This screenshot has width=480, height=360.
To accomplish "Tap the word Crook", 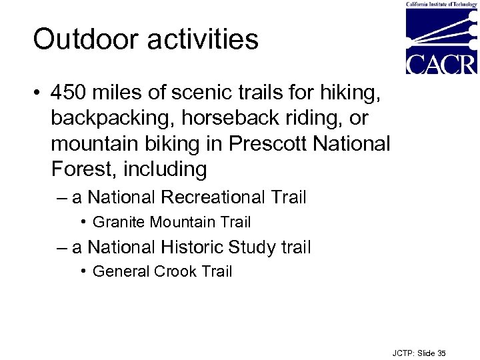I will click(x=175, y=272).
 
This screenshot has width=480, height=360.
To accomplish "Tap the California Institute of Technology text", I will click(x=441, y=4).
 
